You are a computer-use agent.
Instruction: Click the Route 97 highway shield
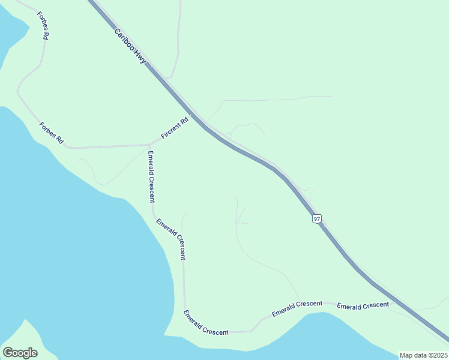[x=316, y=219]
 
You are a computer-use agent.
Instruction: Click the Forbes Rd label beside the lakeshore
[x=51, y=133]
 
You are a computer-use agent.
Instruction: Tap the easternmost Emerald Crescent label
[x=363, y=306]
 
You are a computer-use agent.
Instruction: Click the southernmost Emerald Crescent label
[x=206, y=323]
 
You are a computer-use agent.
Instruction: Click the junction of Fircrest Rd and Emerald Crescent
[x=149, y=145]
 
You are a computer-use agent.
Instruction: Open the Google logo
[x=20, y=353]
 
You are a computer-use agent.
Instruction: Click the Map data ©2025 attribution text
[x=423, y=355]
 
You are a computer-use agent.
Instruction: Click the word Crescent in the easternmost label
[x=376, y=305]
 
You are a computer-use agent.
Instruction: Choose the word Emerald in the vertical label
[x=151, y=164]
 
